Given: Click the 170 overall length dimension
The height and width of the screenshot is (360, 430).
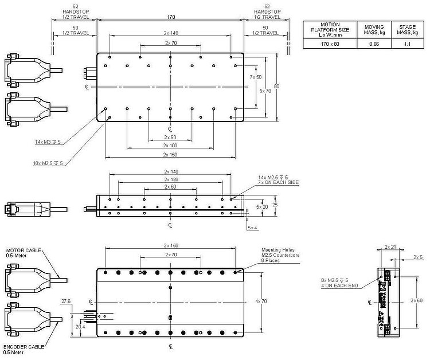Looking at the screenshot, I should (x=171, y=17).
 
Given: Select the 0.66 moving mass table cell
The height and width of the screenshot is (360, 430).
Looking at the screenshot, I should (x=374, y=44).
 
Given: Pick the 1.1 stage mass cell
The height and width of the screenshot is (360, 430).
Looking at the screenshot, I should (x=408, y=44).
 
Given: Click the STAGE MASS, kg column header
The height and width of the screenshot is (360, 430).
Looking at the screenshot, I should (x=408, y=29).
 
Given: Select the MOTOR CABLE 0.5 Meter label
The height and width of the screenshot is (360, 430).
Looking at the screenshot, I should (x=21, y=254).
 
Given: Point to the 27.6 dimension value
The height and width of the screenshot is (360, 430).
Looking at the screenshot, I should (x=65, y=300).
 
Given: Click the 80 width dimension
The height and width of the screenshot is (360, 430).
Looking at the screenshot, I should (x=276, y=87).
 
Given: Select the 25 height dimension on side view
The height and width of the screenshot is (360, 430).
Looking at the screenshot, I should (x=275, y=204).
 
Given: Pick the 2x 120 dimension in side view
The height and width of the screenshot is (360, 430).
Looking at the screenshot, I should (x=170, y=179).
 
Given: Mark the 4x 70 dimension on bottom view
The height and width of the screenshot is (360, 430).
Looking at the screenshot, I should (x=261, y=300).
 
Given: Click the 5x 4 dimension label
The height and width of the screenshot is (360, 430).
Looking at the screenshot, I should (x=252, y=228).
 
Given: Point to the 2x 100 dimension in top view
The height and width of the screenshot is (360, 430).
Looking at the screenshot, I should (x=170, y=146).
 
